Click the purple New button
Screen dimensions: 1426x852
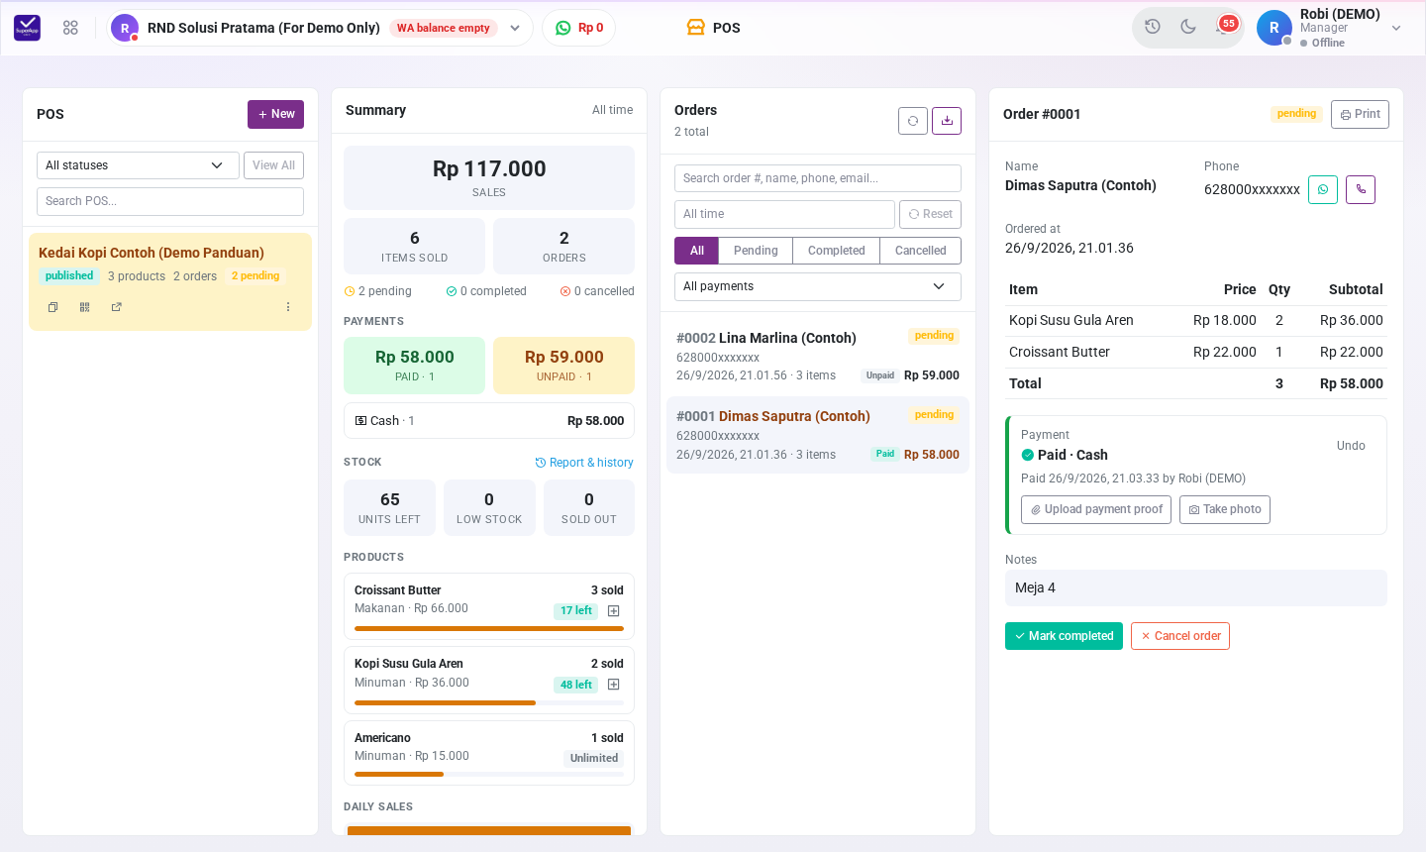pos(275,114)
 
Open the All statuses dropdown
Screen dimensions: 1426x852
pos(138,165)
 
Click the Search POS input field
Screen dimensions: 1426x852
pos(170,201)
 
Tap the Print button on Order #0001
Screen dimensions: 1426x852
pos(1360,114)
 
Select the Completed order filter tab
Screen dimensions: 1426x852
pos(836,251)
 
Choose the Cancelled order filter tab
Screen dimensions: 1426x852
pos(920,251)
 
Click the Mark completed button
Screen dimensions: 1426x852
pos(1064,635)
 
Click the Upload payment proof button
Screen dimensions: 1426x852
pos(1095,509)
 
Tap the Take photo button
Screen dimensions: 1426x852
pos(1224,509)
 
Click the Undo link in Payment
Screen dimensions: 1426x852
pos(1351,446)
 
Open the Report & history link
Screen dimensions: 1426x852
pos(584,463)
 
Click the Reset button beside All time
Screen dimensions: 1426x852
pos(930,214)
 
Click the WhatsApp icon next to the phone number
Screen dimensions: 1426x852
pos(1323,190)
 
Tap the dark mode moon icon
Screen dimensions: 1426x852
pos(1188,27)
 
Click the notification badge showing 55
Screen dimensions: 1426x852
pos(1228,24)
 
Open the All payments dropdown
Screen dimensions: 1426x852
pos(817,286)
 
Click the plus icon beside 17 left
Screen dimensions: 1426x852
pos(614,610)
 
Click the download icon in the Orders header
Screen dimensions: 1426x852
pos(947,120)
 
